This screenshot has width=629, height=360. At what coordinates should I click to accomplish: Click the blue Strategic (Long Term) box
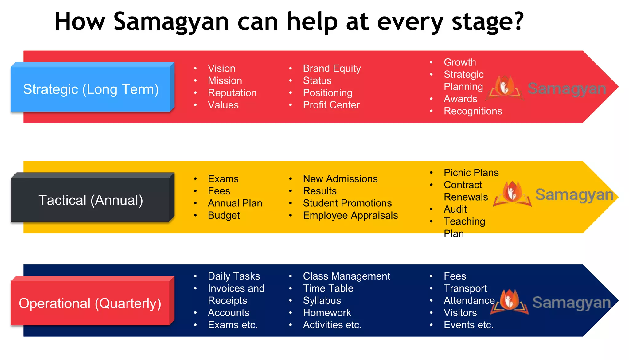91,89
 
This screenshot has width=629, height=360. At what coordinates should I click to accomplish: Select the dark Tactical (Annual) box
91,200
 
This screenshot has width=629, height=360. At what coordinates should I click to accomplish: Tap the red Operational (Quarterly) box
90,303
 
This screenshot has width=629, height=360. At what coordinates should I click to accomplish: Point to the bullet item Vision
221,68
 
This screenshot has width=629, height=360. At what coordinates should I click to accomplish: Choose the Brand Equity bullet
332,68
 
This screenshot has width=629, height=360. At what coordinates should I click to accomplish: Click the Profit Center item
331,105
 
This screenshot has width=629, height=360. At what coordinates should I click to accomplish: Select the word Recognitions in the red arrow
473,111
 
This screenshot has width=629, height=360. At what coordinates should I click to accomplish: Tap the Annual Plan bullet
235,203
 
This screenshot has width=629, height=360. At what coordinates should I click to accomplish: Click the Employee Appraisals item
350,215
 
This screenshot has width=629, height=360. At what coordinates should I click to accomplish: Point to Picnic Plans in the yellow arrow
471,173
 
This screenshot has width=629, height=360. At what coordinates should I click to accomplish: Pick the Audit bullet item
455,209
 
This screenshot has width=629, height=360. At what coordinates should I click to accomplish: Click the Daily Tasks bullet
234,276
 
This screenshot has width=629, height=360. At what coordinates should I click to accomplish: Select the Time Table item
328,288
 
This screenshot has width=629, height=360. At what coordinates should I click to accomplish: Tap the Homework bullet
327,312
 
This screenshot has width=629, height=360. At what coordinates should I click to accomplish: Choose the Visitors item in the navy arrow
460,312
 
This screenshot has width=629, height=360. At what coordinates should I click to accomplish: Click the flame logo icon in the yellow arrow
512,193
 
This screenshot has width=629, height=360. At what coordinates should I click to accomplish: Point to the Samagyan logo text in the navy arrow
571,303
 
